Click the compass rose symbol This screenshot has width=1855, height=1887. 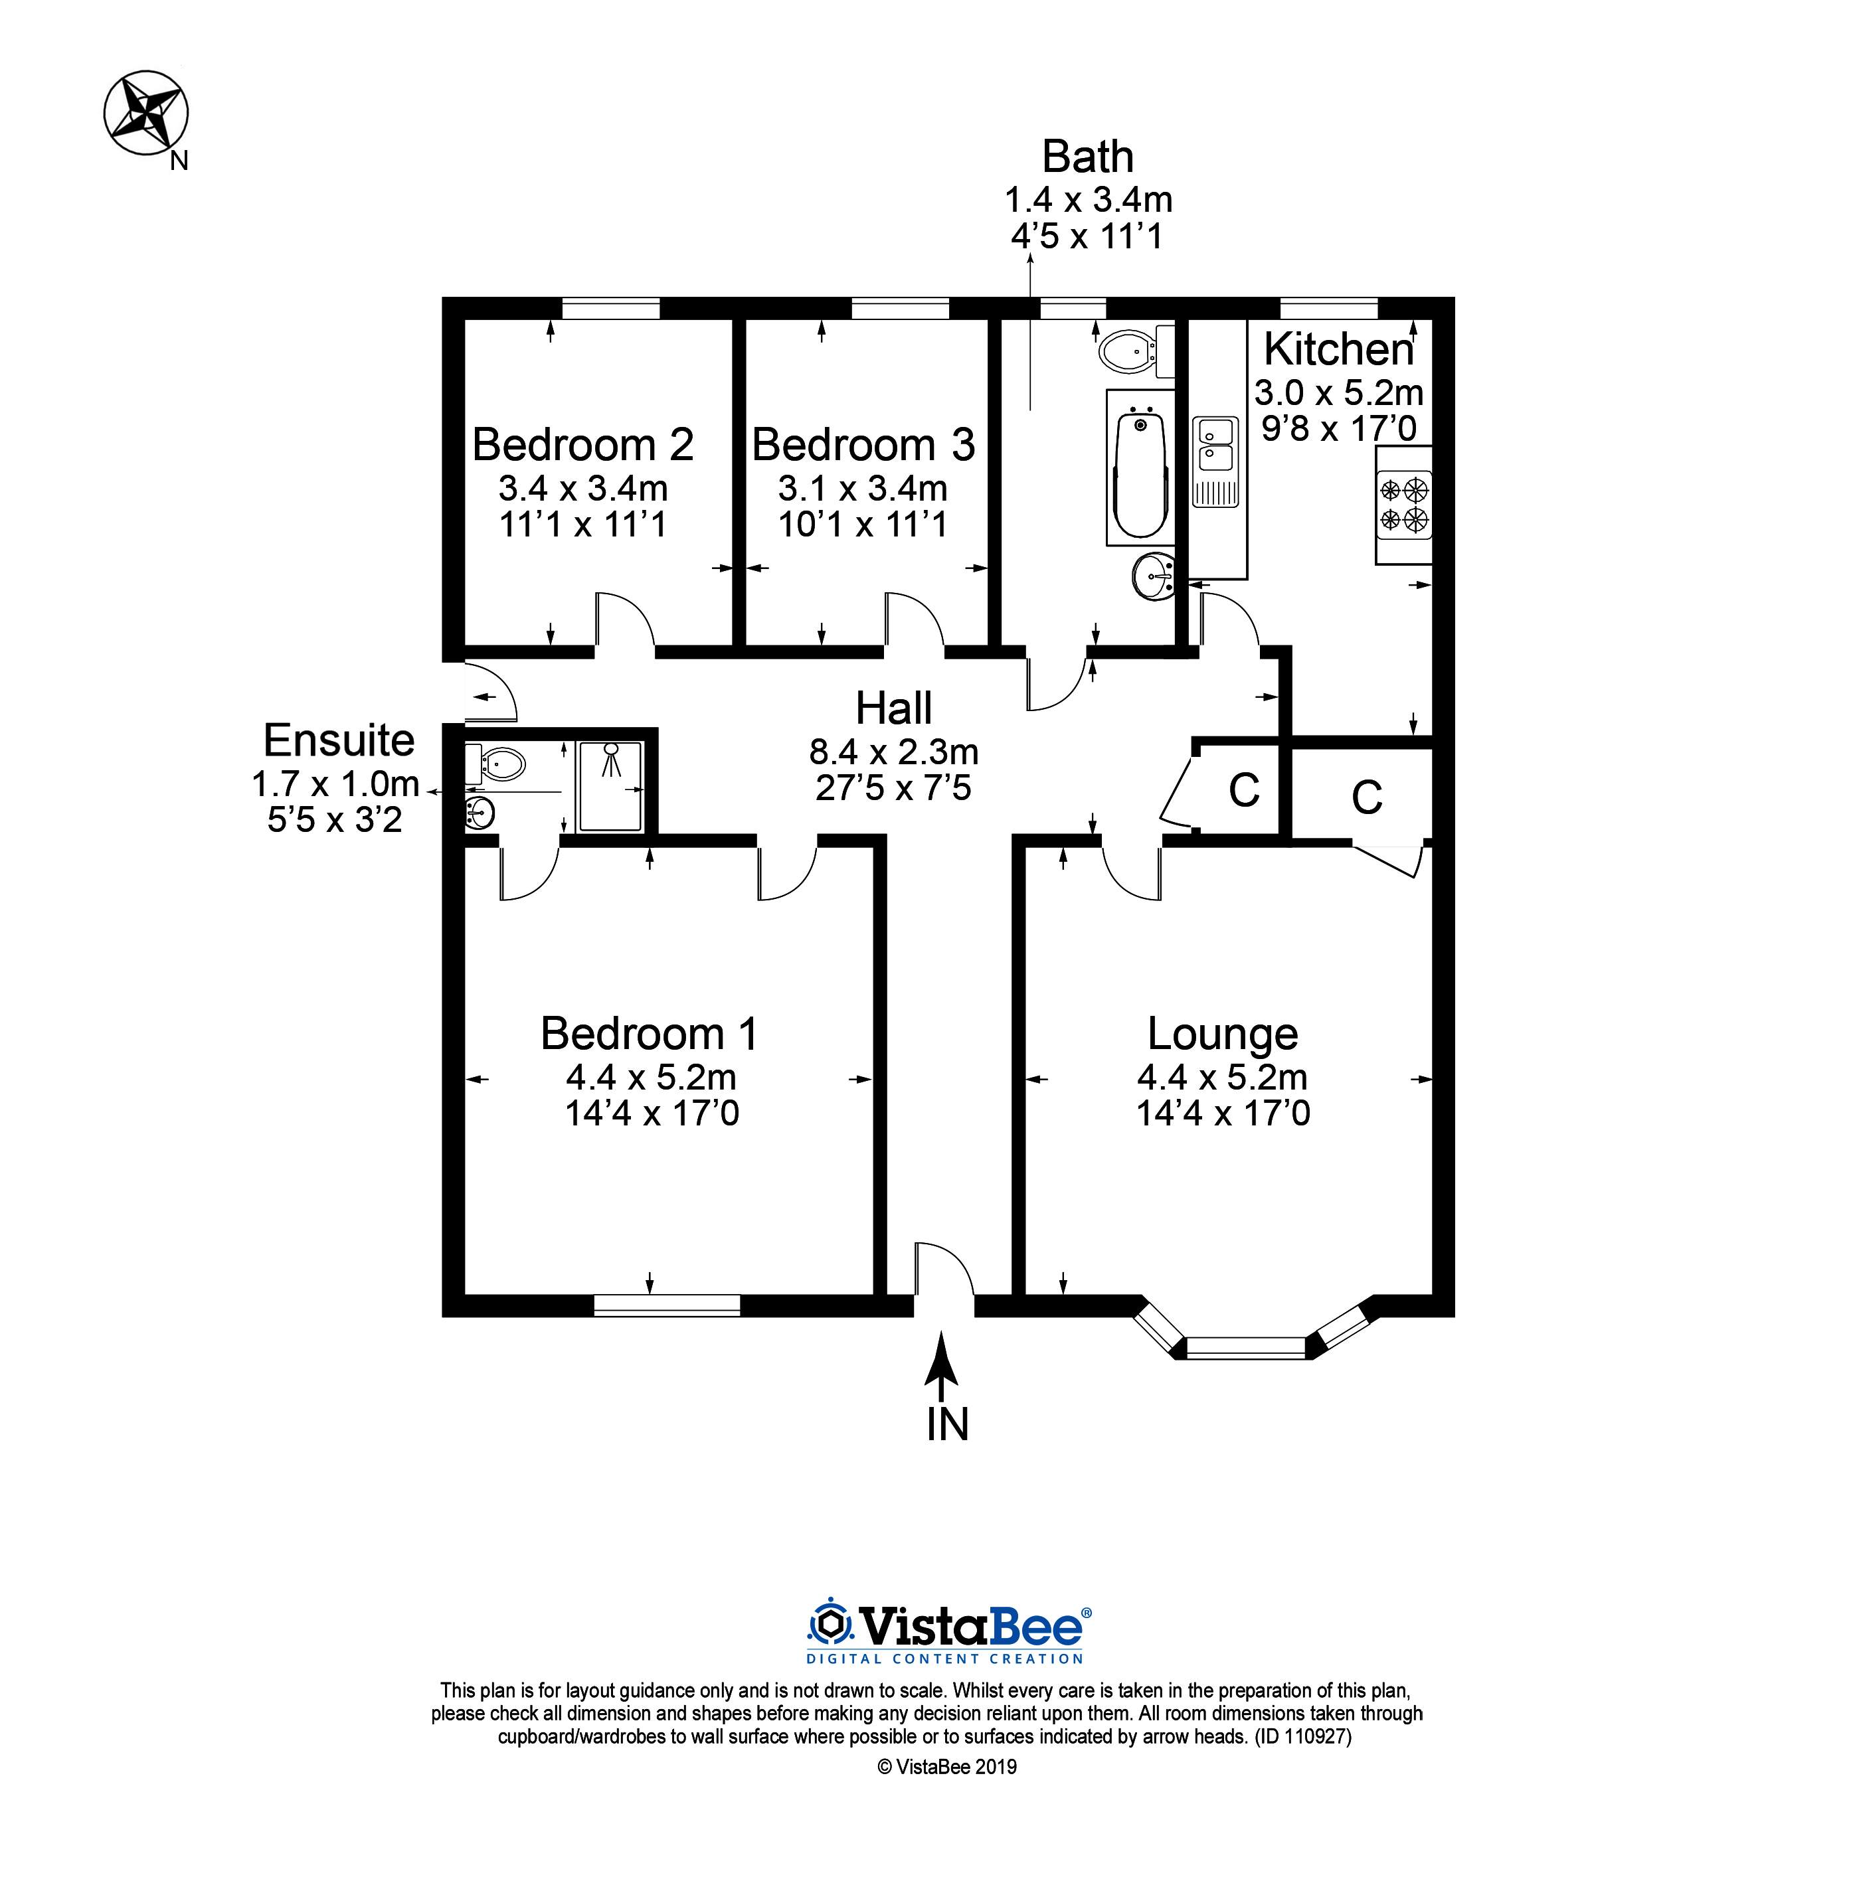(x=146, y=112)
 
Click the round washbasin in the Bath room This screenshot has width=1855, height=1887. (x=1156, y=577)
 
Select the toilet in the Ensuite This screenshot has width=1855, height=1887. (x=496, y=764)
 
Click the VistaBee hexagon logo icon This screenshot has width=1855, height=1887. (x=831, y=1626)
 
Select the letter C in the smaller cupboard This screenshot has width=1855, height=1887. (x=1244, y=790)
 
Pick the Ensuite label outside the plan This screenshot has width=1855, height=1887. (x=339, y=740)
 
